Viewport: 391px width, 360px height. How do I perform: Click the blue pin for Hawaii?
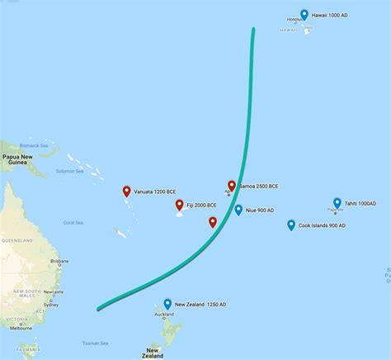coord(305,14)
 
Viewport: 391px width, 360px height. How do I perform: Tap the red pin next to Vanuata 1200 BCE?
coord(126,192)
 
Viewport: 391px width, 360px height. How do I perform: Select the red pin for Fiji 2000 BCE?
coord(179,206)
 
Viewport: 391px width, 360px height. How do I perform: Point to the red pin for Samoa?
coord(232,187)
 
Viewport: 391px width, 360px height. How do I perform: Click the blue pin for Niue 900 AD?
coord(238,210)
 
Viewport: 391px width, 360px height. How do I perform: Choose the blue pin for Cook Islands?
coord(291,225)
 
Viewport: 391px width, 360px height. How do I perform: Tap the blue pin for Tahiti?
coord(337,203)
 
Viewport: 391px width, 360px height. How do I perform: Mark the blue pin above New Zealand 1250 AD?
coord(167,304)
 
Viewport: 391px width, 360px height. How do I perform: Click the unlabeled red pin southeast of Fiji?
coord(213,222)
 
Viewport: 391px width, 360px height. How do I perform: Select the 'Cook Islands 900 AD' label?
coord(322,225)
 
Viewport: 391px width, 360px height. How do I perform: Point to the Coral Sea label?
coord(73,222)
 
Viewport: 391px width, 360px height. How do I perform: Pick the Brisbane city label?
coord(59,261)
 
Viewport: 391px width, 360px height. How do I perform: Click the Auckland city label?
coord(163,315)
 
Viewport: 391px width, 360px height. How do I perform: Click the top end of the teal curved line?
coord(253,30)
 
